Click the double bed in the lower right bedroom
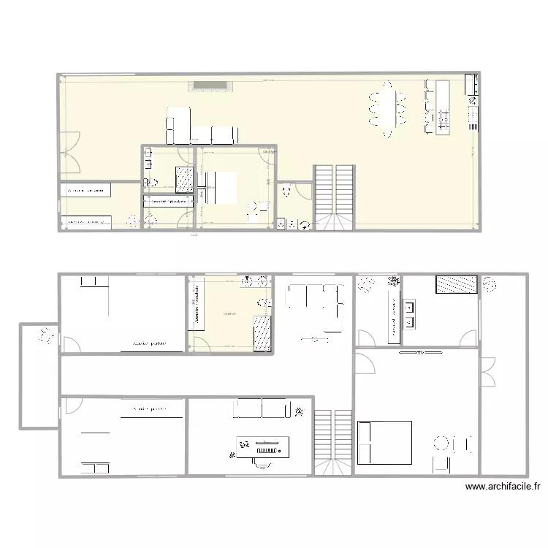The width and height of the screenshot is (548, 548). (x=384, y=442)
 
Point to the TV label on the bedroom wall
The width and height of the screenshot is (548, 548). (x=422, y=353)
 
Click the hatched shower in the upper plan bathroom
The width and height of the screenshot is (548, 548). (x=183, y=177)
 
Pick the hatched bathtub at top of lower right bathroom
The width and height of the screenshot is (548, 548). (x=457, y=285)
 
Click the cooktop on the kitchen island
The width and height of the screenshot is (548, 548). (x=443, y=114)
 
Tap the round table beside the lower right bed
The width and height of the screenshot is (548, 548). (x=441, y=443)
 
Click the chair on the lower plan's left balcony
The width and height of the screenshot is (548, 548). (x=46, y=337)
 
